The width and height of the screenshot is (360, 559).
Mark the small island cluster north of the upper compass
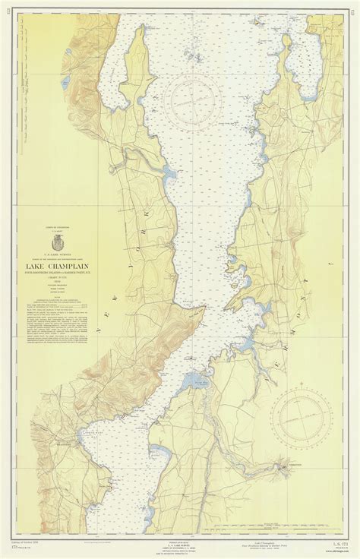pyautogui.click(x=193, y=58)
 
